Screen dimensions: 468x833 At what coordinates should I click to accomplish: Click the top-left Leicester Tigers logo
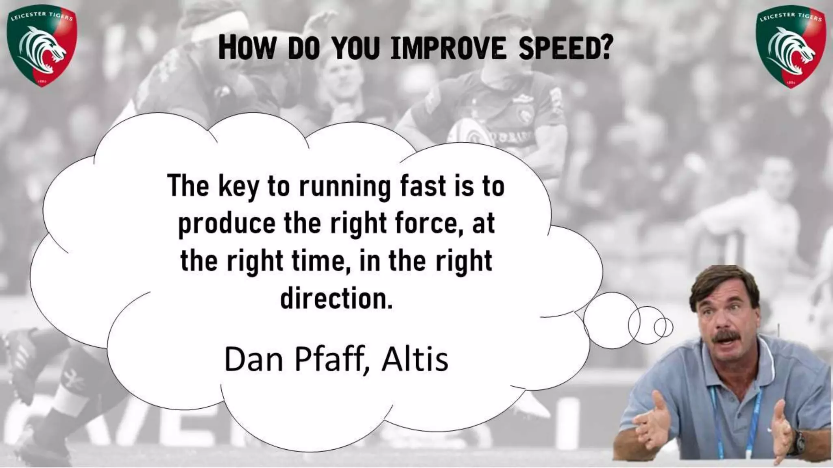42,48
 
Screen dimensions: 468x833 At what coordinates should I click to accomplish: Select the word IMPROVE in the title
447,49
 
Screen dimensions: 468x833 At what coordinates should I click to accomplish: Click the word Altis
415,360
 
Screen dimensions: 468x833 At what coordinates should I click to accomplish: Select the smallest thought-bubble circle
663,327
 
